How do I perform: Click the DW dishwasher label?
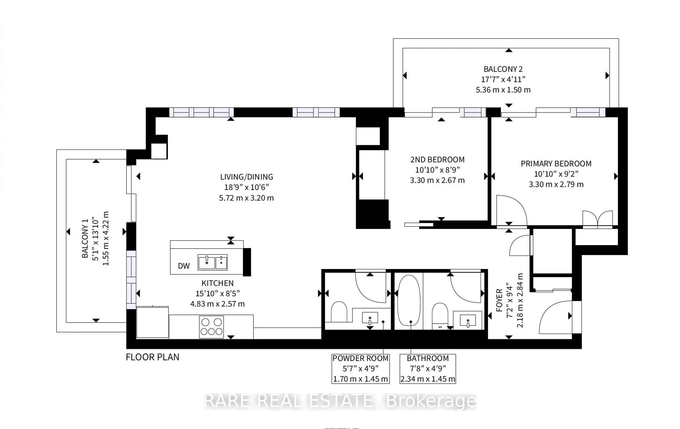(184, 266)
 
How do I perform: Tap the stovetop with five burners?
(211, 327)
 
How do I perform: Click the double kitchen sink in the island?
(212, 262)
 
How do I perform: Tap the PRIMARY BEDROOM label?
(556, 164)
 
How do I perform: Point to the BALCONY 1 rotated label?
(85, 238)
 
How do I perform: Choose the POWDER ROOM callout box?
(360, 369)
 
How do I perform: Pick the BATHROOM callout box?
(427, 369)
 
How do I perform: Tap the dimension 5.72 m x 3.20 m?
(246, 198)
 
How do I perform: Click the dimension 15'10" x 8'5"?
(217, 293)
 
